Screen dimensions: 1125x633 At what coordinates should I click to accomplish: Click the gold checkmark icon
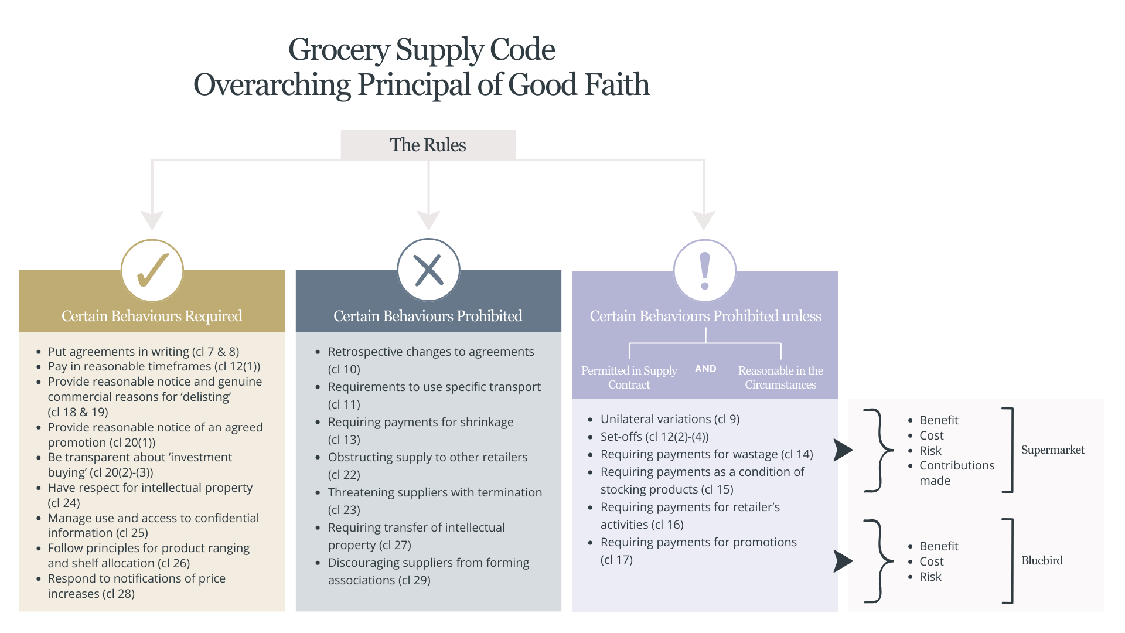point(152,270)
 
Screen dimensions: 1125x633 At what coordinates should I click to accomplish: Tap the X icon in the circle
point(428,270)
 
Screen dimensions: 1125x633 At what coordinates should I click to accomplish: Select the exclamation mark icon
point(705,271)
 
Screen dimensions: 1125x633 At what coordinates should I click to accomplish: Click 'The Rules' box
point(428,145)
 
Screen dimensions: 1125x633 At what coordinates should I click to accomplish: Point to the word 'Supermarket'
point(1052,450)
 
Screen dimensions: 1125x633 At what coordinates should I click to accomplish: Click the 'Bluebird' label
point(1042,560)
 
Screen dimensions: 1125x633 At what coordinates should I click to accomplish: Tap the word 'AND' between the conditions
point(705,369)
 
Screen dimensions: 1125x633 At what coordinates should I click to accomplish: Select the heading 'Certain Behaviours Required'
point(152,316)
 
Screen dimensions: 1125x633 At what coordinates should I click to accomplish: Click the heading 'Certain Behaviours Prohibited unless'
point(705,316)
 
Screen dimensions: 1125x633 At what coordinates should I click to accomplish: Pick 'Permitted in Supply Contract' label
point(629,377)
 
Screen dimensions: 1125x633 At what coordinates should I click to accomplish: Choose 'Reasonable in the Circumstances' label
point(780,377)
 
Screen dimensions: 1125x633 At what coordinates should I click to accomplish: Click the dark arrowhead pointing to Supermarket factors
point(843,450)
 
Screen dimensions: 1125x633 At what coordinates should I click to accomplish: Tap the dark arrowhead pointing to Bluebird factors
point(843,561)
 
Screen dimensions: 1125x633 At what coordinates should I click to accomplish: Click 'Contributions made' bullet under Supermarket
point(957,473)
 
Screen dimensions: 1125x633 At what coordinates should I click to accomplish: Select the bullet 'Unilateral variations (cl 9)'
point(670,419)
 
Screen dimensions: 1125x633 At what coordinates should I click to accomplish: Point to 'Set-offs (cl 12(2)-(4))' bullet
point(654,437)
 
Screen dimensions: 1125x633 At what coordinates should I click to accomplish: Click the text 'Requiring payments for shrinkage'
point(421,422)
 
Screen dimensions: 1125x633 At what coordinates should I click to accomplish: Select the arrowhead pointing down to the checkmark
point(152,220)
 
